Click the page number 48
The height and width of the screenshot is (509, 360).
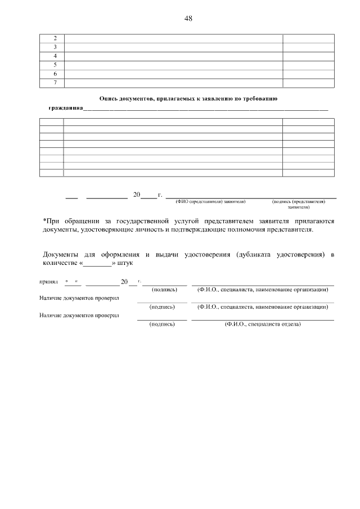tap(188, 18)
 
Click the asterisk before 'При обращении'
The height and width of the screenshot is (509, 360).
tap(44, 220)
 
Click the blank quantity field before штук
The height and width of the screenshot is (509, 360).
tap(98, 263)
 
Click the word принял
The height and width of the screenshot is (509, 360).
tap(48, 281)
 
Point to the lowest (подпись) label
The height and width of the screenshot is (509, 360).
tap(162, 325)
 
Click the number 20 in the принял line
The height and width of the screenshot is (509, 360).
tap(124, 281)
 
